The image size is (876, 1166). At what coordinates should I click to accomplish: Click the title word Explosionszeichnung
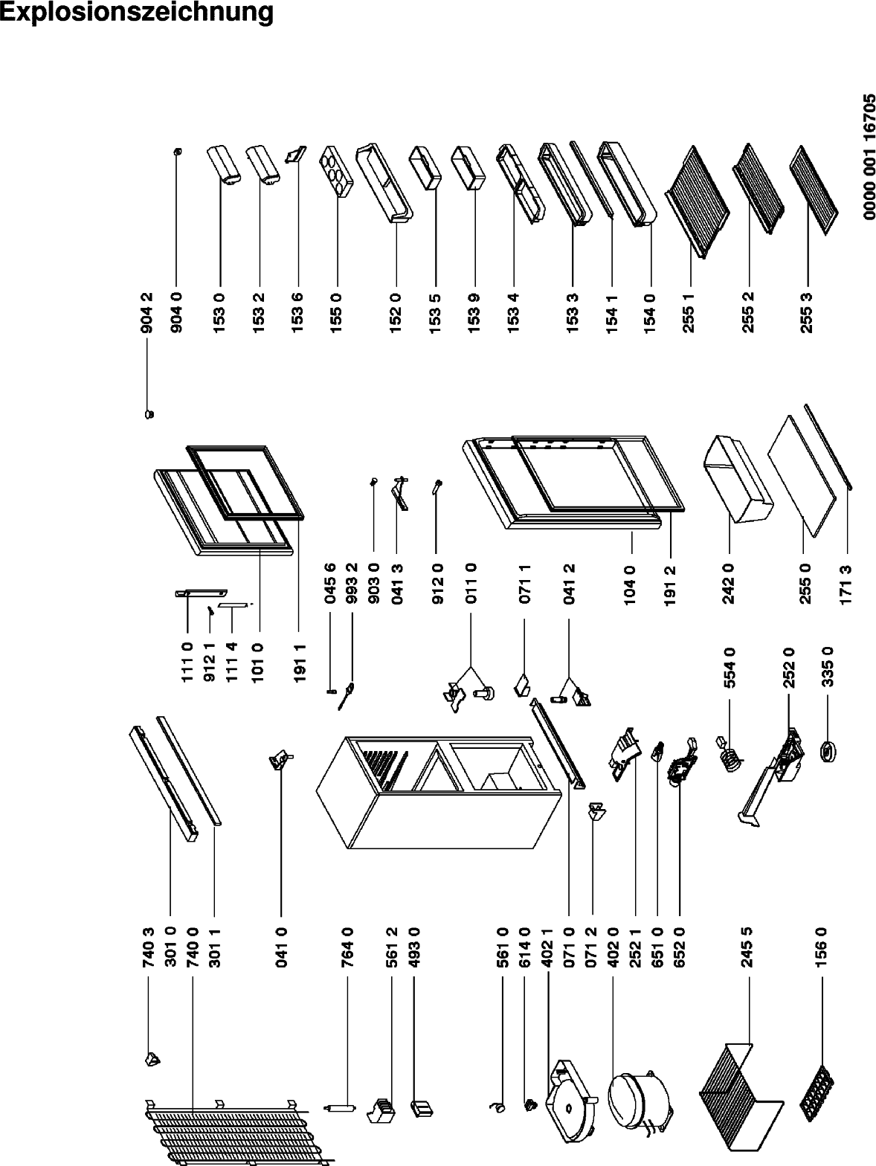137,13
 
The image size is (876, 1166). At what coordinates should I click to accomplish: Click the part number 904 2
147,312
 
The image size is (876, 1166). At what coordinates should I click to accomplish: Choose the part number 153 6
298,312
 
